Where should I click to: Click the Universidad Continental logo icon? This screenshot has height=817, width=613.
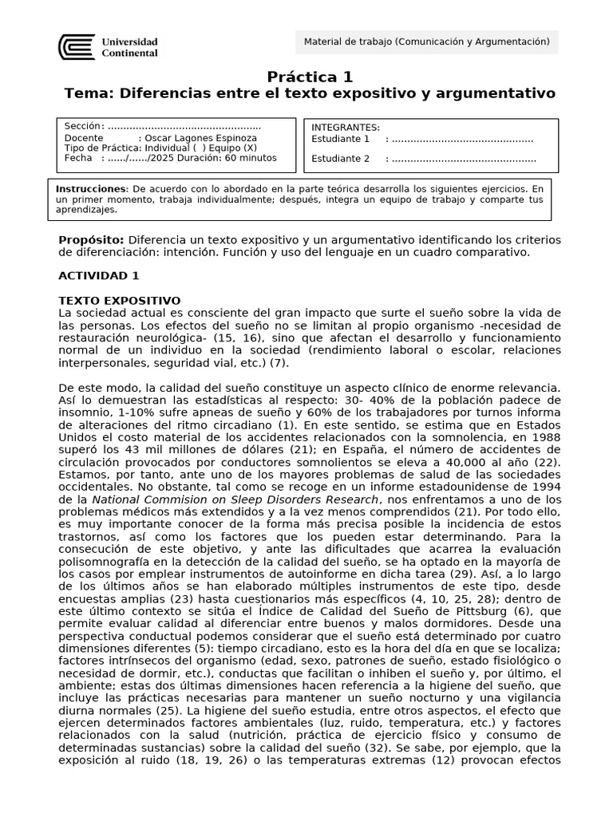pyautogui.click(x=77, y=47)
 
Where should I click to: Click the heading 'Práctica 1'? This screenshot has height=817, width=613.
pyautogui.click(x=309, y=77)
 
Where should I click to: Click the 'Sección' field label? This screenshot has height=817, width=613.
pyautogui.click(x=83, y=127)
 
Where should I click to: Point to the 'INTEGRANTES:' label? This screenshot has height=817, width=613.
pyautogui.click(x=346, y=128)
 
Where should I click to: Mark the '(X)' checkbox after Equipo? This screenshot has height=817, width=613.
pyautogui.click(x=250, y=148)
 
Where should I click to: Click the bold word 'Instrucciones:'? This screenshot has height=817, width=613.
pyautogui.click(x=93, y=189)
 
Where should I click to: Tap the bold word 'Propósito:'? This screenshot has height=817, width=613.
pyautogui.click(x=91, y=240)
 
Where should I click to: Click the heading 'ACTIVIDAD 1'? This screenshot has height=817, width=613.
pyautogui.click(x=99, y=275)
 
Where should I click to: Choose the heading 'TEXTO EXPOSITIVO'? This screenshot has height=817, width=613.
pyautogui.click(x=120, y=300)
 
